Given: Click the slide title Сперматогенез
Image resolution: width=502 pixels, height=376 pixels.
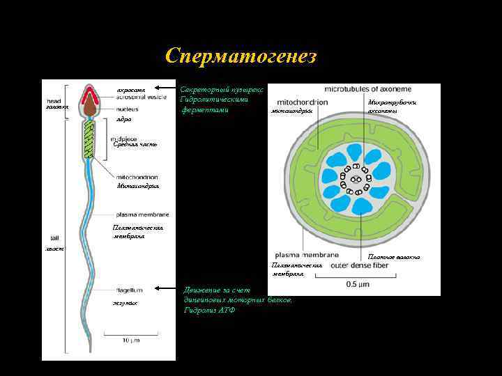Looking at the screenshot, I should [x=241, y=56].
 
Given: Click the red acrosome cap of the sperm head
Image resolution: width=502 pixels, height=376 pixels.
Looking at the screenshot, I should [x=91, y=93].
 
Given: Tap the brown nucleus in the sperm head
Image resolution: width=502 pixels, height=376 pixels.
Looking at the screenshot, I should [x=91, y=107].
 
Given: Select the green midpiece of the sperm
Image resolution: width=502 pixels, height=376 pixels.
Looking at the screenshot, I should [x=89, y=136].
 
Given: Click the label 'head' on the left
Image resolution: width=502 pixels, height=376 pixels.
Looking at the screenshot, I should [x=54, y=100].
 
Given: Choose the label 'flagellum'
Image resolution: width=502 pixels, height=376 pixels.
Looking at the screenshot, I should [x=130, y=290].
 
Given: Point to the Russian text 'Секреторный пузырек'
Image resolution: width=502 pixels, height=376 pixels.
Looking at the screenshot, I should [x=222, y=90].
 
